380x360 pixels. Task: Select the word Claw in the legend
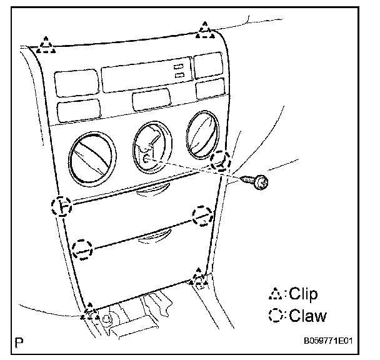coord(307,315)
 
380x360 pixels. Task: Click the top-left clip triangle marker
coord(46,44)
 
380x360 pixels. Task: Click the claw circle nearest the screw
coord(221,161)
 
